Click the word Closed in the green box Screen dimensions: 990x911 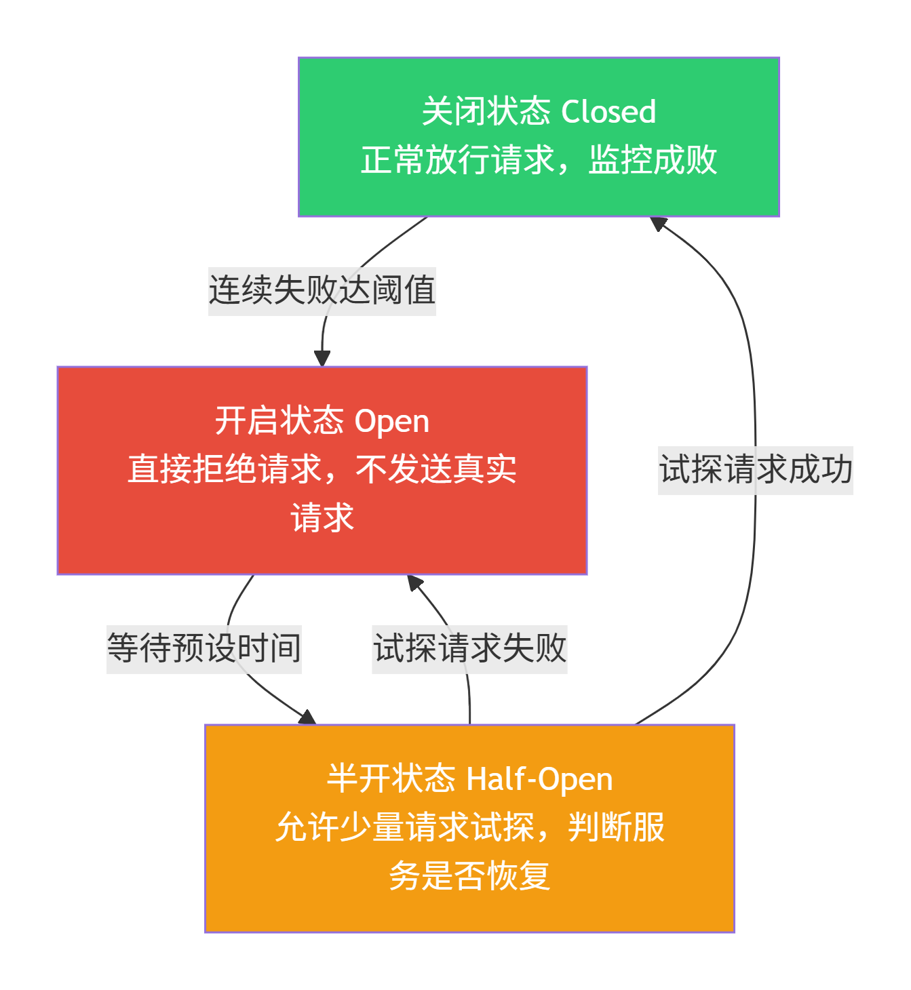pyautogui.click(x=608, y=112)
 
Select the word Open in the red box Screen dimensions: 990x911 pyautogui.click(x=391, y=421)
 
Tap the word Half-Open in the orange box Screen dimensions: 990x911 pyautogui.click(x=540, y=779)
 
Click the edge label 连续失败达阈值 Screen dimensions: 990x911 pyautogui.click(x=322, y=291)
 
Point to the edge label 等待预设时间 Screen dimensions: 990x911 pyautogui.click(x=203, y=648)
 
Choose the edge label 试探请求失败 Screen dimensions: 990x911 pyautogui.click(x=469, y=648)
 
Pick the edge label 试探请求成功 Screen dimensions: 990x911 pyautogui.click(x=756, y=470)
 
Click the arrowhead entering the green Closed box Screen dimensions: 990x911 pyautogui.click(x=658, y=223)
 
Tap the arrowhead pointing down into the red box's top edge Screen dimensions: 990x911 pyautogui.click(x=322, y=359)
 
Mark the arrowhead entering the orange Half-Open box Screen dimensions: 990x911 pyautogui.click(x=308, y=717)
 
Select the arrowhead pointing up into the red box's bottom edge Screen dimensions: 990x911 pyautogui.click(x=414, y=582)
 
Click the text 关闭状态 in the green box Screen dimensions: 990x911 pyautogui.click(x=486, y=112)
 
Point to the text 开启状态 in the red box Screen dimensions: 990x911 pyautogui.click(x=279, y=421)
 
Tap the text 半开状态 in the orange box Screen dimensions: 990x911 pyautogui.click(x=391, y=779)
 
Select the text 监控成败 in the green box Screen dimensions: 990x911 pyautogui.click(x=653, y=161)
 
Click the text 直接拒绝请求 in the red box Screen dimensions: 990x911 pyautogui.click(x=225, y=470)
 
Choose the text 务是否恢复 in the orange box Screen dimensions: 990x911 pyautogui.click(x=469, y=876)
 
